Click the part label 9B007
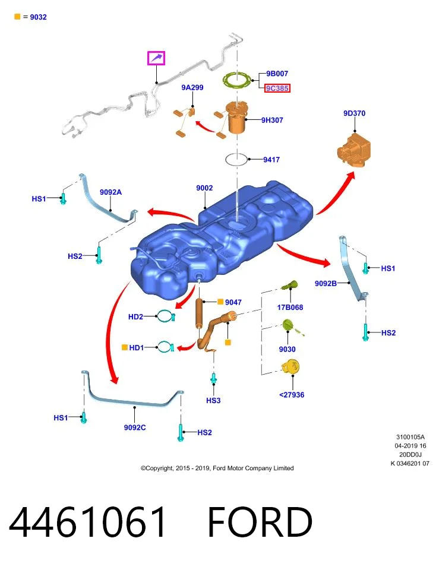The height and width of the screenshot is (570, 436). point(277,74)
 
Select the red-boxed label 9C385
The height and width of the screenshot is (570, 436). point(277,88)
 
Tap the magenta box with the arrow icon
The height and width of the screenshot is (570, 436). point(156,58)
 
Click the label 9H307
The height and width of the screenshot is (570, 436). point(272,120)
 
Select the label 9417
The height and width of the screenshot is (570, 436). point(271,159)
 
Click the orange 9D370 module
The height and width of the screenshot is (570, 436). point(354,150)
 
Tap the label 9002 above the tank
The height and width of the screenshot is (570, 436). point(204,188)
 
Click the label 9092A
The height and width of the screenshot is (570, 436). point(111,192)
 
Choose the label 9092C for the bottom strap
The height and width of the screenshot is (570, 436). point(135,427)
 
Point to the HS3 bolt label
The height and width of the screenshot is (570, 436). point(213,400)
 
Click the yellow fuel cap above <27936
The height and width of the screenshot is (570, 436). point(290,366)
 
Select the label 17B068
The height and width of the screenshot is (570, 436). point(290,307)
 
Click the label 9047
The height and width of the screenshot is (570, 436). point(233,302)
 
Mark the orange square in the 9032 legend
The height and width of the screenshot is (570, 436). point(17,17)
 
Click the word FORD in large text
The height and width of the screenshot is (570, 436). point(260,522)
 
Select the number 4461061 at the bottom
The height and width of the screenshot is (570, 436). point(87,522)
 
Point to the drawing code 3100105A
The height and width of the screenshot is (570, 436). point(410,437)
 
